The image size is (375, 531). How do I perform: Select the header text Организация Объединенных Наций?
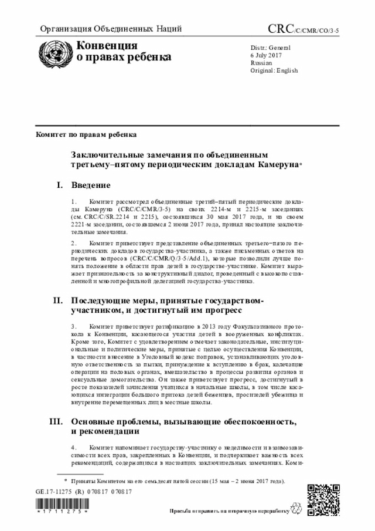pyautogui.click(x=110, y=29)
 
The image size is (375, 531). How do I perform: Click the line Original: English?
pyautogui.click(x=274, y=70)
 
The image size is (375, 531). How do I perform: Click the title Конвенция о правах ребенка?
pyautogui.click(x=120, y=52)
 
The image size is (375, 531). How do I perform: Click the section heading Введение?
pyautogui.click(x=91, y=185)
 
